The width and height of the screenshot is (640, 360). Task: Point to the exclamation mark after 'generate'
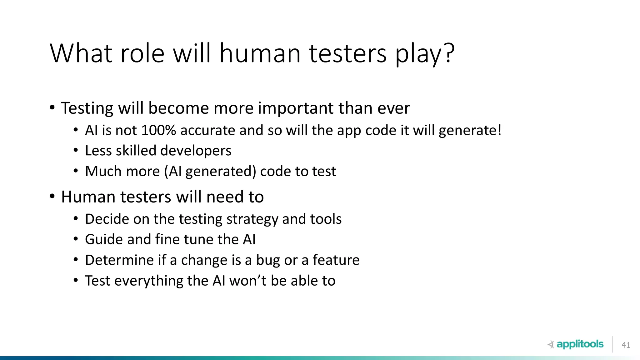[499, 130]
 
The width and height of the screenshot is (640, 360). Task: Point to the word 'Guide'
[104, 239]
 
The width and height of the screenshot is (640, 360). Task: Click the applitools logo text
[580, 344]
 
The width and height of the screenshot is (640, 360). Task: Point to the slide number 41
[626, 345]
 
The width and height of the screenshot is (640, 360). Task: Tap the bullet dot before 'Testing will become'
[52, 108]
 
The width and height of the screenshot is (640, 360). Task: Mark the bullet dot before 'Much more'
[76, 171]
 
